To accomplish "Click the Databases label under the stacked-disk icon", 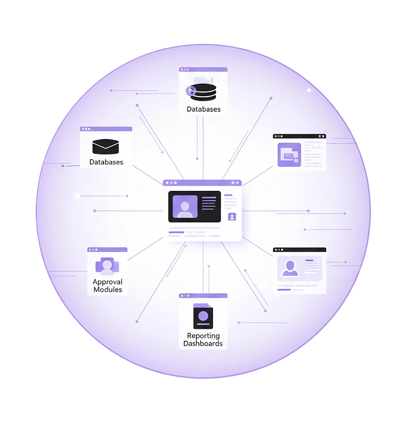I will [x=204, y=109].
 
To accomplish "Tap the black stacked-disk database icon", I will [x=203, y=92].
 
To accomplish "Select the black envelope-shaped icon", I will [x=106, y=146].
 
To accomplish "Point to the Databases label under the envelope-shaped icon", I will [x=106, y=162].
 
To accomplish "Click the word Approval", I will [x=108, y=282].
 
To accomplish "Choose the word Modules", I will [x=108, y=290].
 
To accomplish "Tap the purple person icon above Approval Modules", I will [x=107, y=265].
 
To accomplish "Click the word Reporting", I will [x=204, y=336].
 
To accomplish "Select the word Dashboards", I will [x=204, y=343].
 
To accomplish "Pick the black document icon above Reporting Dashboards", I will [x=203, y=316].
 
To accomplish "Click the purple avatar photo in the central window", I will [x=184, y=207].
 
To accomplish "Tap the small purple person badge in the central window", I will [x=232, y=217].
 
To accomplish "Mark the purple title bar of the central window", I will [x=202, y=183].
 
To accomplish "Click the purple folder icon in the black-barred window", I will [x=289, y=155].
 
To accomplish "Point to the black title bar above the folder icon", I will [x=299, y=136].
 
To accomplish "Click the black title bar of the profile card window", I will [x=299, y=250].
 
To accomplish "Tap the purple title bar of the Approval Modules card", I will [x=107, y=249].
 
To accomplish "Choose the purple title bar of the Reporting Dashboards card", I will [x=203, y=296].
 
